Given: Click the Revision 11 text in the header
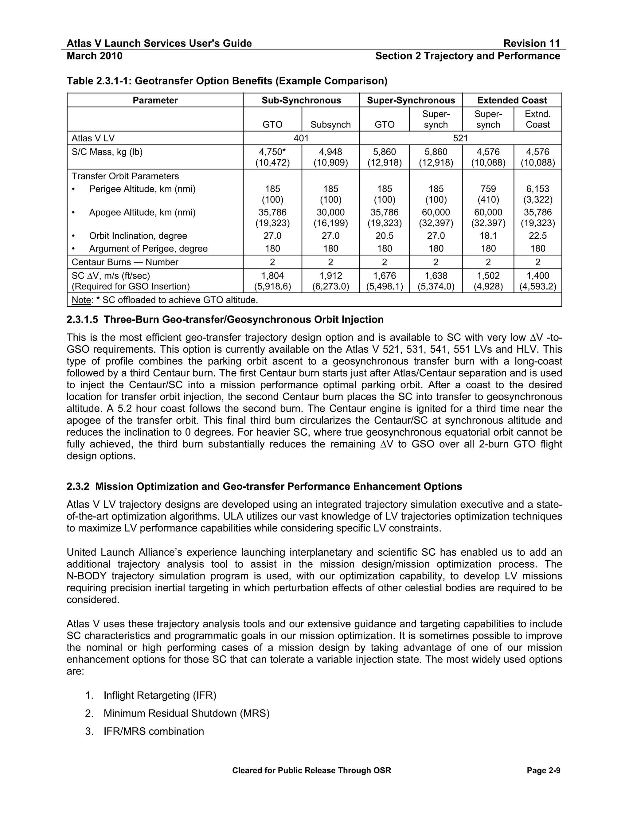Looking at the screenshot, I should click(x=531, y=43).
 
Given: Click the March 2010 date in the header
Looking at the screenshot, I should click(x=94, y=56).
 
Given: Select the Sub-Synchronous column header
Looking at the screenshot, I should click(x=301, y=100).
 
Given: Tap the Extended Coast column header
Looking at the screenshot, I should click(x=512, y=100).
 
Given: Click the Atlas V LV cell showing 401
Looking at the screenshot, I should click(x=301, y=138).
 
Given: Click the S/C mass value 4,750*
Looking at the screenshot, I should click(x=272, y=152).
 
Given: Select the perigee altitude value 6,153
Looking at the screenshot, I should click(x=537, y=189).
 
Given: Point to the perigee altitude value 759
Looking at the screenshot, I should click(x=488, y=189).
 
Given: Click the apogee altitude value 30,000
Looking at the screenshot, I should click(x=330, y=213).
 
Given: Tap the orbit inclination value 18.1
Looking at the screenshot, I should click(x=488, y=236).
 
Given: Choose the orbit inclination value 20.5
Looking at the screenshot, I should click(x=384, y=236).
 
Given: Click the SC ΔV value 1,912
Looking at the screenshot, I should click(x=330, y=276).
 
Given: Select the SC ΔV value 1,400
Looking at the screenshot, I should click(x=537, y=276).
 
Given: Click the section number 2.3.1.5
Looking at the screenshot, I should click(x=82, y=320).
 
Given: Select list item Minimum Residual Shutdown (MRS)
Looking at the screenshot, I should click(x=186, y=713).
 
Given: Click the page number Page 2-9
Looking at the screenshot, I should click(x=543, y=770).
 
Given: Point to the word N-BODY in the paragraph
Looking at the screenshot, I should click(x=86, y=576).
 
